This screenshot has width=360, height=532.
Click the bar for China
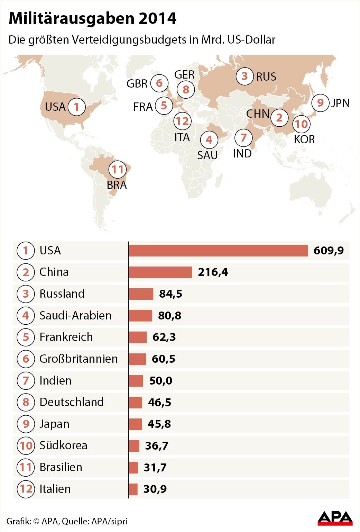160,272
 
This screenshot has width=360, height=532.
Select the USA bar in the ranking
218,251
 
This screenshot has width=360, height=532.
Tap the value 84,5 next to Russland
170,294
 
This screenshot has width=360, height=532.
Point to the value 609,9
329,251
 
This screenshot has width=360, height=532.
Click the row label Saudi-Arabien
75,315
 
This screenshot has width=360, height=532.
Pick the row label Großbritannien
79,359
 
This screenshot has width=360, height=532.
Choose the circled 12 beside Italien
26,489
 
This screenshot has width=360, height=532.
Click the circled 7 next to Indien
26,380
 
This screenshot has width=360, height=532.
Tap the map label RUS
266,76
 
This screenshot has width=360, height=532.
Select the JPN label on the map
340,103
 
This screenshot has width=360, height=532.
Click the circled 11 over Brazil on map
118,170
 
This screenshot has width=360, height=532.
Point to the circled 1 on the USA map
76,107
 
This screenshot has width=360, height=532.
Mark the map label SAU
207,155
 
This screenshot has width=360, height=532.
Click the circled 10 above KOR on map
302,124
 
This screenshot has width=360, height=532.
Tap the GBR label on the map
137,83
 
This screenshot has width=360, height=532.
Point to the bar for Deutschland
135,402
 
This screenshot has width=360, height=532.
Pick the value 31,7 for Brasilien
155,467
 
